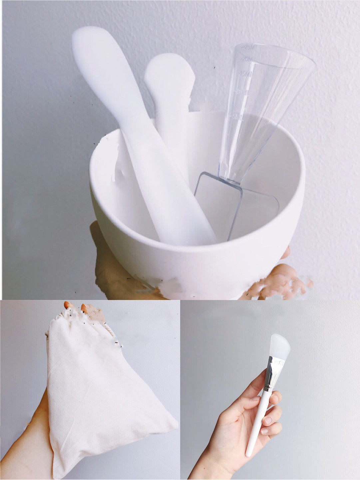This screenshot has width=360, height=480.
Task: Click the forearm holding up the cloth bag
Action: click(23, 447)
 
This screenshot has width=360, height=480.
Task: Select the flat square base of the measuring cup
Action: click(236, 207)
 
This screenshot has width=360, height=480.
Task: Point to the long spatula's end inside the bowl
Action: click(186, 230)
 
